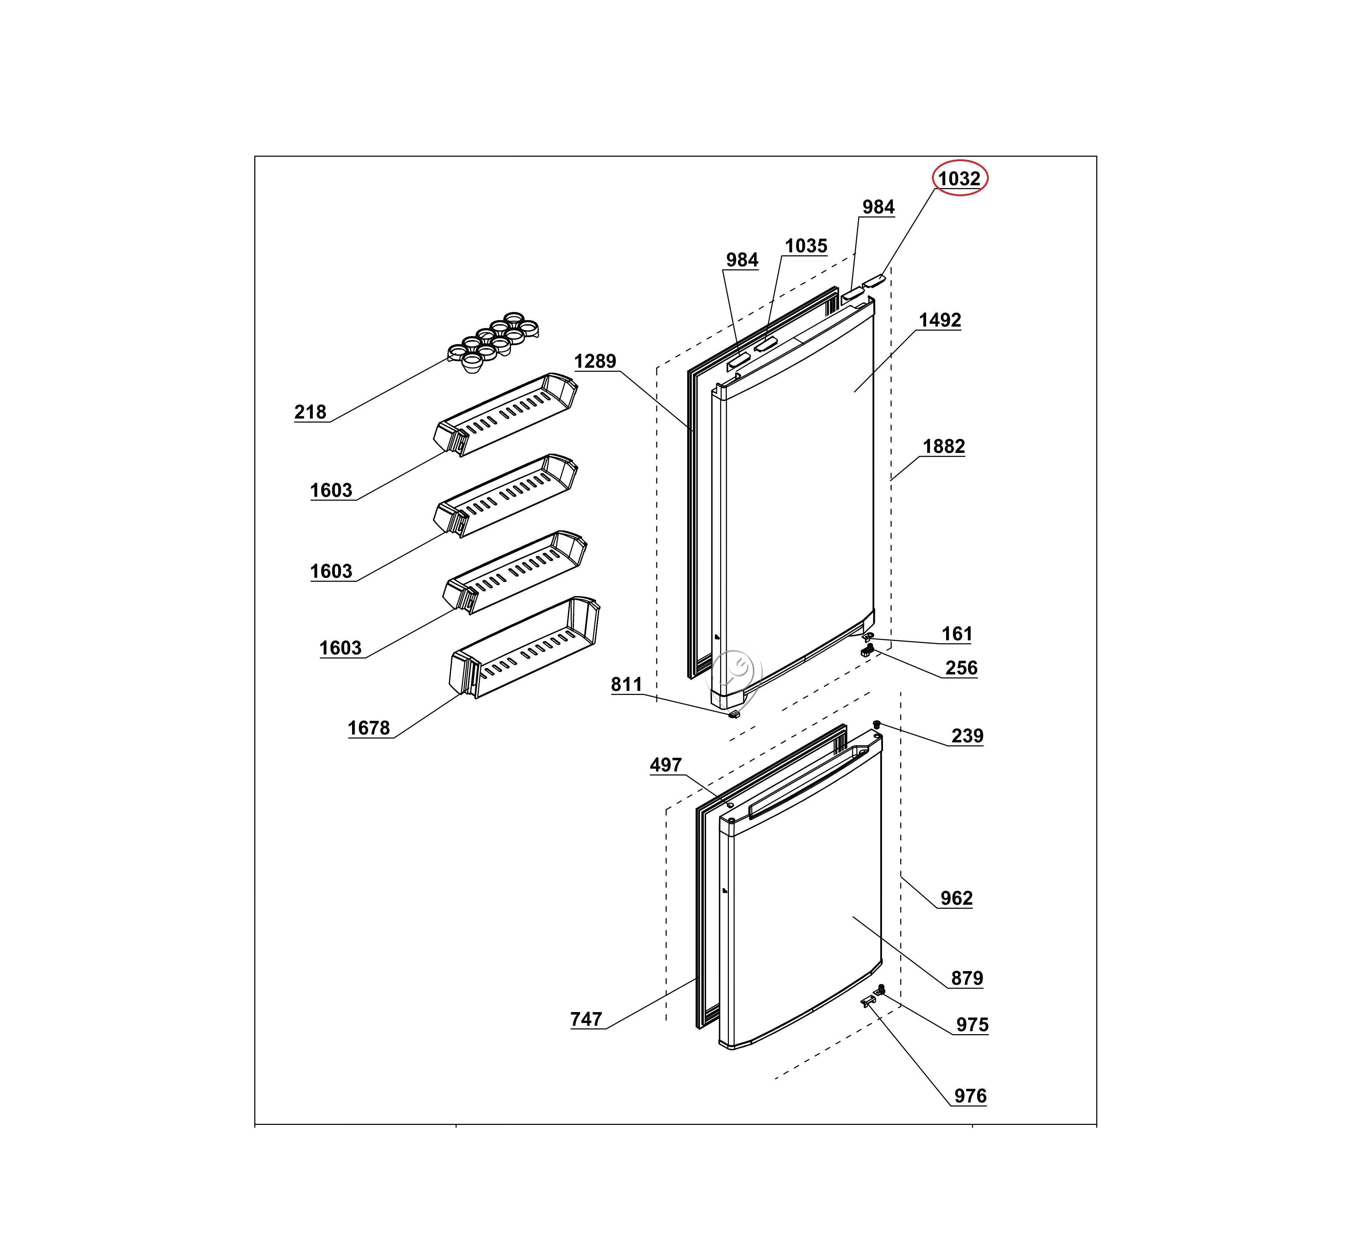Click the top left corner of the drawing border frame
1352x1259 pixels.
255,156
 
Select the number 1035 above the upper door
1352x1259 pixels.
806,246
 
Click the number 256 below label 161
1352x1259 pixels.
961,668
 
